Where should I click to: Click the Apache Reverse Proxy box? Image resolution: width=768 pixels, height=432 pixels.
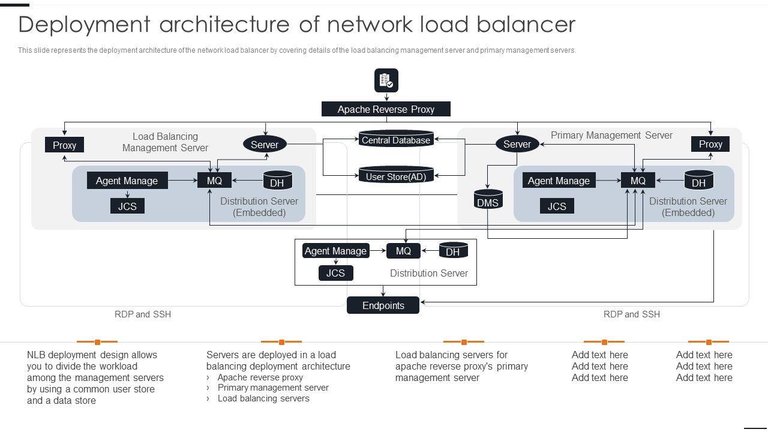coord(386,109)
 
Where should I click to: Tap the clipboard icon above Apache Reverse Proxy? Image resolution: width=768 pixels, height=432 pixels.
coord(386,80)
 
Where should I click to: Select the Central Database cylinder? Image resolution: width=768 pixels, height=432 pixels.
coord(396,140)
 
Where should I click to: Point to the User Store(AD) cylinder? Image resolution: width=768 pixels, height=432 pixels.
coord(396,176)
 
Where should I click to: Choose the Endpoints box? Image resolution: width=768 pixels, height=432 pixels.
coord(383,305)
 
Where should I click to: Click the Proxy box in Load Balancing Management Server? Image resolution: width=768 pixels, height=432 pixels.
coord(64,145)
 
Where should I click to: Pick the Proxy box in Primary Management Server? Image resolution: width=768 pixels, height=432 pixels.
coord(710,144)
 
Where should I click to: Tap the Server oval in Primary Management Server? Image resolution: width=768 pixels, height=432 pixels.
coord(517,144)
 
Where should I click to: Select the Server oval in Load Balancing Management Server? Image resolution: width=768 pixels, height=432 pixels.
coord(265,144)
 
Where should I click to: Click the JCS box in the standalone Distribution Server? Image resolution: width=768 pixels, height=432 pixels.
coord(335,273)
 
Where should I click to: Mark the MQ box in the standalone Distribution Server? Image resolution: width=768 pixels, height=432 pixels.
coord(403,251)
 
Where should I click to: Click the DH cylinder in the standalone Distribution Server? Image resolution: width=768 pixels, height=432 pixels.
coord(453,251)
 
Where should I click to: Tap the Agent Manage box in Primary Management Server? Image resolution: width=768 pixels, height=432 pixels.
coord(558,181)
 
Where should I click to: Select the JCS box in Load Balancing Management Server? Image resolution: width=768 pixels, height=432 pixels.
coord(127,206)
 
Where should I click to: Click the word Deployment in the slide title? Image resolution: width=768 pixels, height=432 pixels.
coord(84,25)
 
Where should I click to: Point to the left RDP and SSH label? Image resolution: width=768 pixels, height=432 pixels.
coord(143,314)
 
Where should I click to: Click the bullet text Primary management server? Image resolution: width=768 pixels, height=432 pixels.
coord(273,388)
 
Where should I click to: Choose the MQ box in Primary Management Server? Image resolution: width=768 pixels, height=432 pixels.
coord(638,181)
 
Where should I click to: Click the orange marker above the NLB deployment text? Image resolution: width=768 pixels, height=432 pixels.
coord(97,342)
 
